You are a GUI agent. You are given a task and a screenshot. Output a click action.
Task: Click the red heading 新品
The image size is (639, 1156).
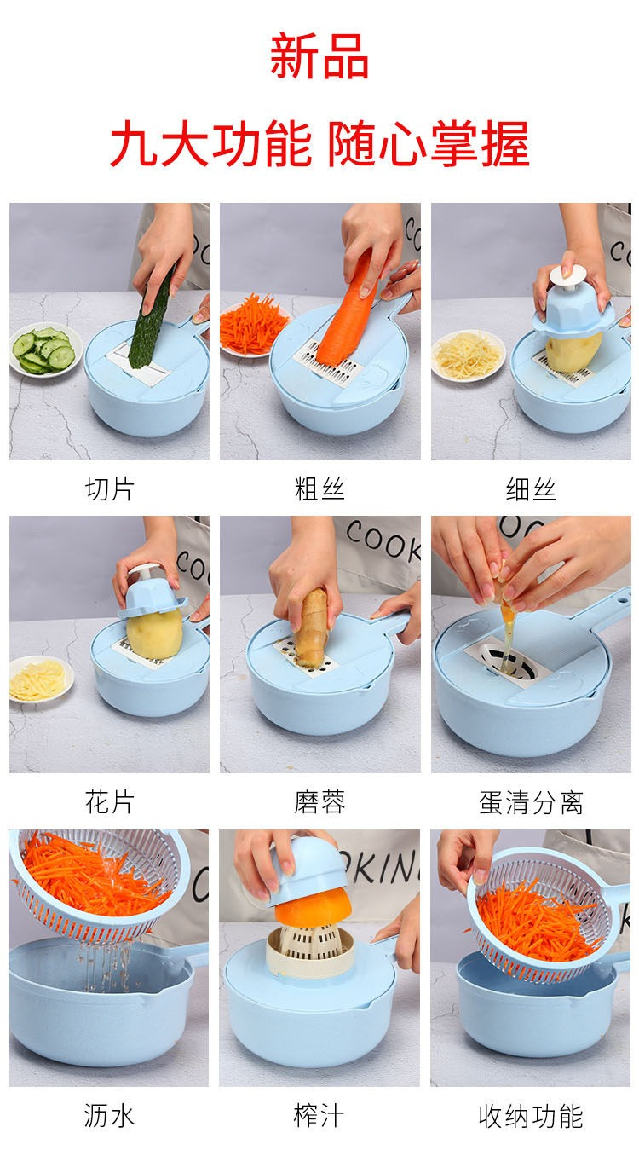click(x=319, y=55)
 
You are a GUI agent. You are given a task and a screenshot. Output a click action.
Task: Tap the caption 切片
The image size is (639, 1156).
click(x=109, y=488)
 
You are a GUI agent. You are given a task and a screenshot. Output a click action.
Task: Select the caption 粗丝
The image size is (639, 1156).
click(x=319, y=488)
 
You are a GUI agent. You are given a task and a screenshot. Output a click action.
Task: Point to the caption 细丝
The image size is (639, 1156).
click(x=531, y=488)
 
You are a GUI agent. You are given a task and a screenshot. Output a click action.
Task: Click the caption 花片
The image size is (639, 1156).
click(x=109, y=801)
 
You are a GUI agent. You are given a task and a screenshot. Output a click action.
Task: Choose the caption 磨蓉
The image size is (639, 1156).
click(x=319, y=801)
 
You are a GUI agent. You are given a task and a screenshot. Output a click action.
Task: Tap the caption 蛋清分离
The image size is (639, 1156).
click(x=531, y=802)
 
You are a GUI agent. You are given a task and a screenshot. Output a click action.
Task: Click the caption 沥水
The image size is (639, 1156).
click(x=109, y=1115)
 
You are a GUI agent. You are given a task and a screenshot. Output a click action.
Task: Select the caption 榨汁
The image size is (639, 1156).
click(x=319, y=1115)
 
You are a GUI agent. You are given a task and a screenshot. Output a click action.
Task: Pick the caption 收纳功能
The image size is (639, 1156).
click(x=531, y=1116)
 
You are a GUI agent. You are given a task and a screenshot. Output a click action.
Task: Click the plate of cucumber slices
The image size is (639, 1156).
click(x=45, y=349)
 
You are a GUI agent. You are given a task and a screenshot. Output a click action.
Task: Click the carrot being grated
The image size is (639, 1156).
click(x=346, y=309)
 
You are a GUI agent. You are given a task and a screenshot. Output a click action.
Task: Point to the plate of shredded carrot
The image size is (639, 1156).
click(x=252, y=325)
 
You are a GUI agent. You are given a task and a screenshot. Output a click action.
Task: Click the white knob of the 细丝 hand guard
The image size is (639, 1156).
click(x=567, y=277)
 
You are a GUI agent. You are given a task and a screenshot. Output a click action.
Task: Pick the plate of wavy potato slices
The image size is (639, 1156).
click(x=41, y=679)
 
